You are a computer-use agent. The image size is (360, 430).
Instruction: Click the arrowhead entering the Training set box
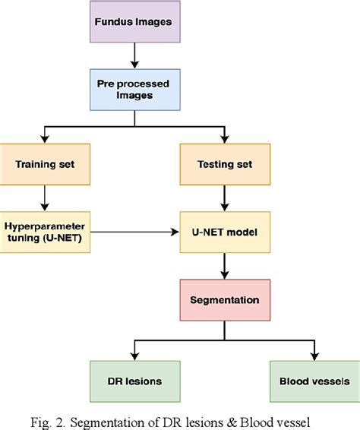[x=46, y=140]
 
